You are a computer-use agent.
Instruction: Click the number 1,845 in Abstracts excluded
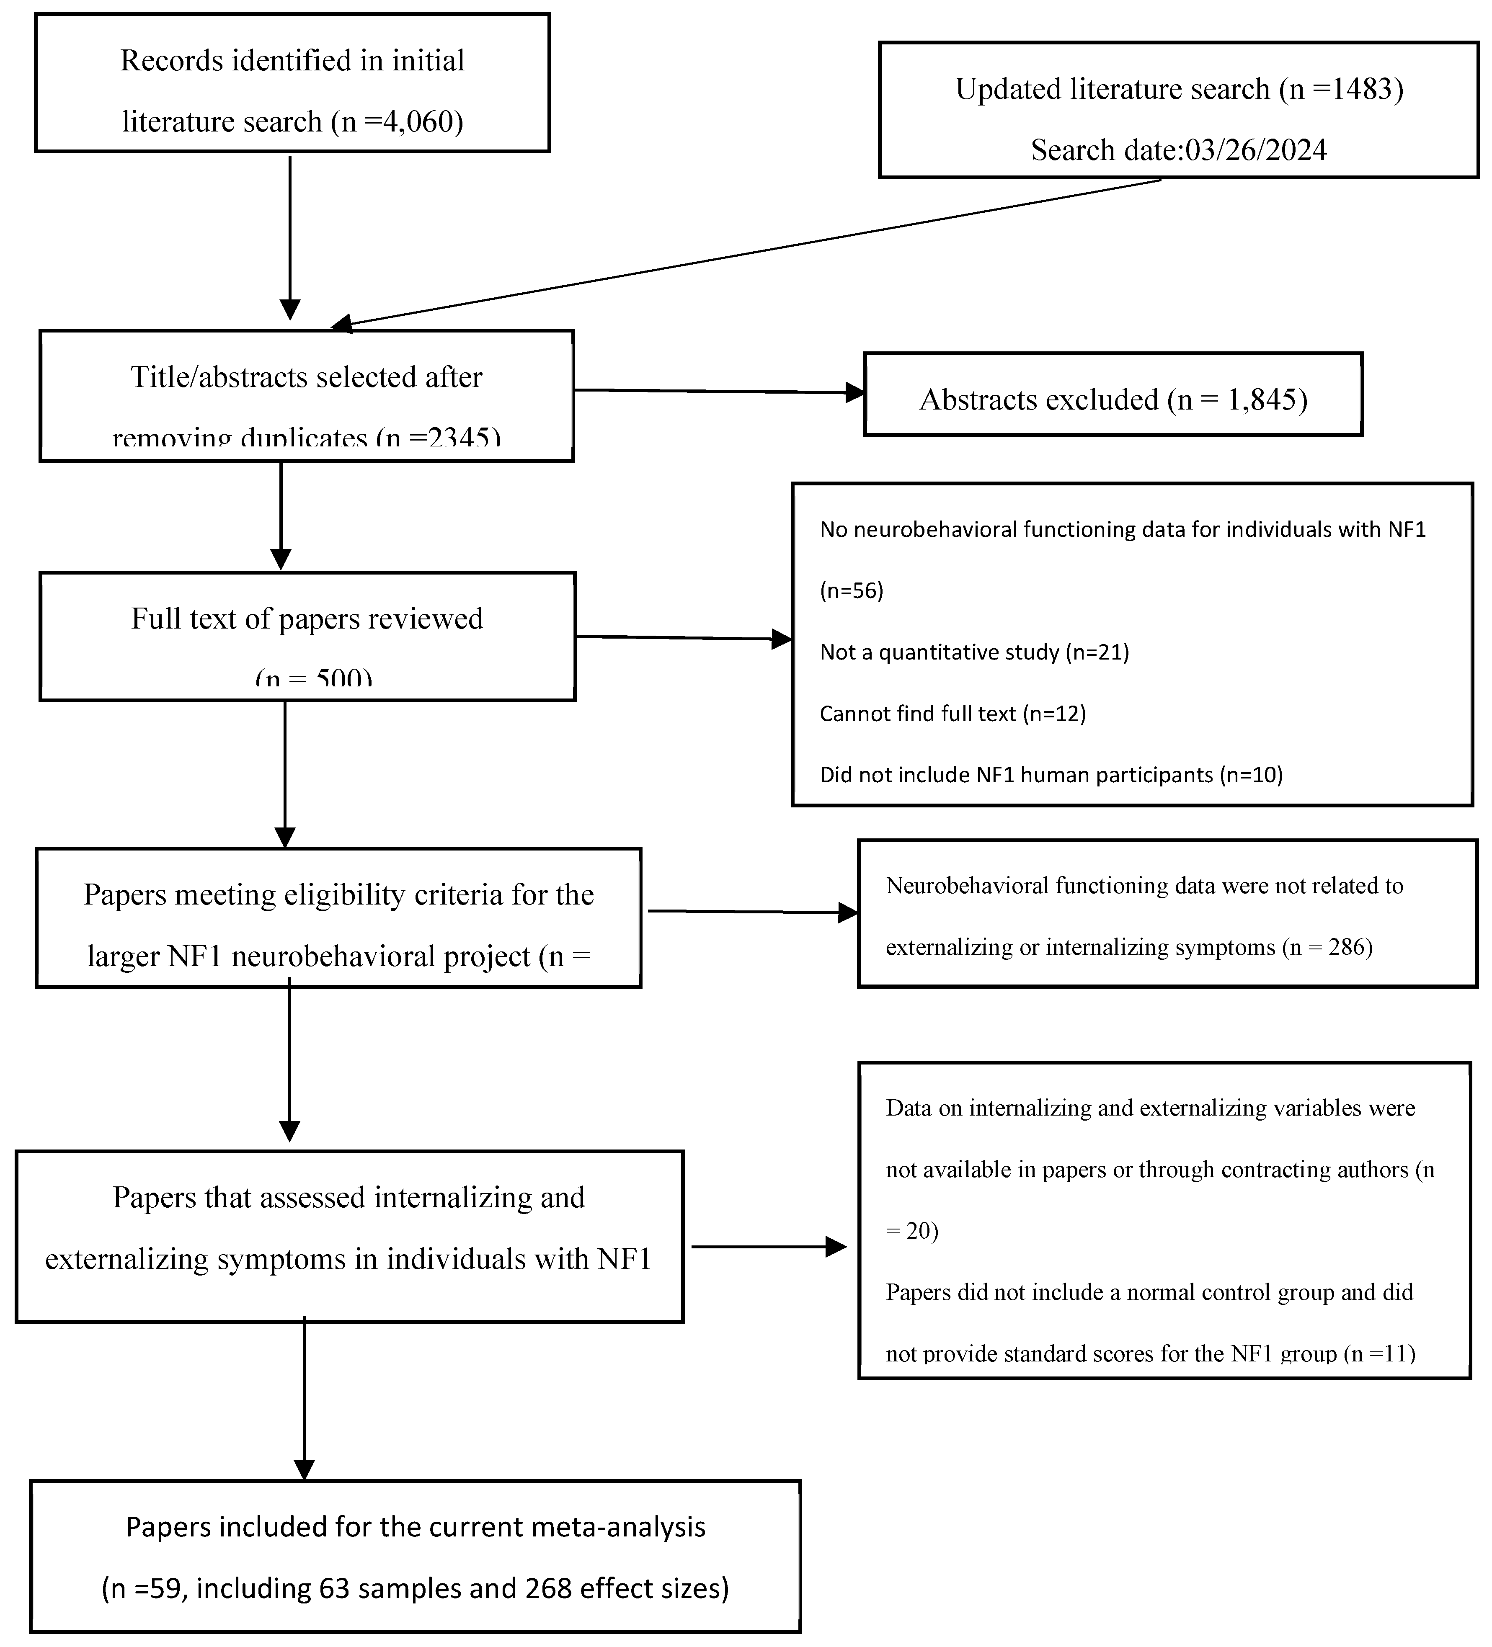pyautogui.click(x=1258, y=400)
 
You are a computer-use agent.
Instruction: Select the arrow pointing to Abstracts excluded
pyautogui.click(x=719, y=391)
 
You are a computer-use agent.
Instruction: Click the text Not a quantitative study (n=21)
pyautogui.click(x=974, y=652)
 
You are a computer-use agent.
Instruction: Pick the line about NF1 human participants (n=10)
pyautogui.click(x=1051, y=774)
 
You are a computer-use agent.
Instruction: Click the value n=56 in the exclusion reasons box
pyautogui.click(x=852, y=590)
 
